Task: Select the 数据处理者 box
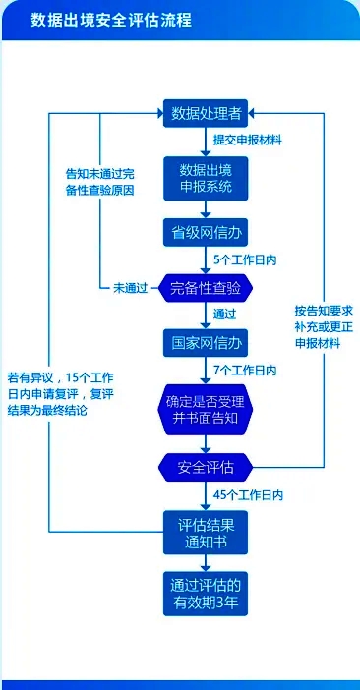[x=206, y=110]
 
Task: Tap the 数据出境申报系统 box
[x=206, y=177]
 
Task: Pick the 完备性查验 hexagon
[x=206, y=288]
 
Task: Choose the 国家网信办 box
[x=206, y=342]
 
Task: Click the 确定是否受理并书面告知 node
[x=206, y=403]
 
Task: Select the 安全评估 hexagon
[x=206, y=465]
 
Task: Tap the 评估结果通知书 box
[x=206, y=531]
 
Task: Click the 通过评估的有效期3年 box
[x=206, y=593]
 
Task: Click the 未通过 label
[x=130, y=288]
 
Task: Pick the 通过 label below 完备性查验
[x=225, y=315]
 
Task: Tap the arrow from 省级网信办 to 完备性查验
[x=206, y=259]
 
